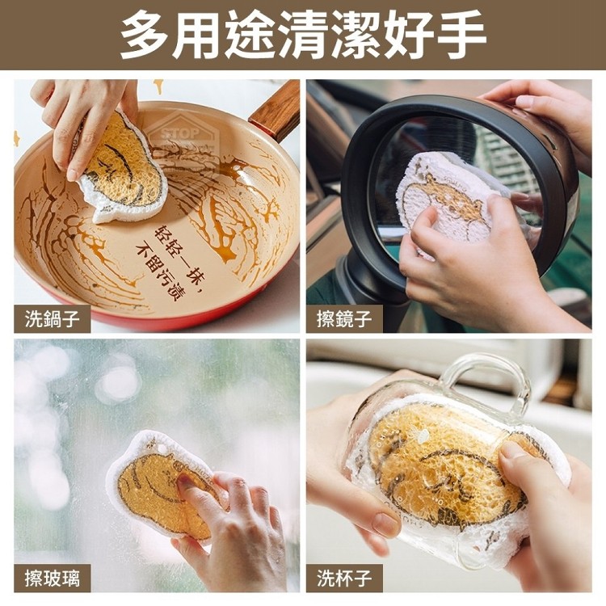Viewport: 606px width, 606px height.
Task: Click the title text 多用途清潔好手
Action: [x=303, y=34]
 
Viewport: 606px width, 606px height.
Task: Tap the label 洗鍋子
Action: [x=53, y=319]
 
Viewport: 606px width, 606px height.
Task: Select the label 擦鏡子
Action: [x=344, y=319]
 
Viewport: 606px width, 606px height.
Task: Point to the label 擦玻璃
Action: [x=53, y=579]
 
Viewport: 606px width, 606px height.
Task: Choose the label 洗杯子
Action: [x=344, y=579]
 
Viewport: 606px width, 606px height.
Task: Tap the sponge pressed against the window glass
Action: [x=162, y=485]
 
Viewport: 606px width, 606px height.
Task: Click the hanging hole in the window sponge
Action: [x=162, y=449]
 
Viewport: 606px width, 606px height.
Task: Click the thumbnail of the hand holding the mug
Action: [x=448, y=465]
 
